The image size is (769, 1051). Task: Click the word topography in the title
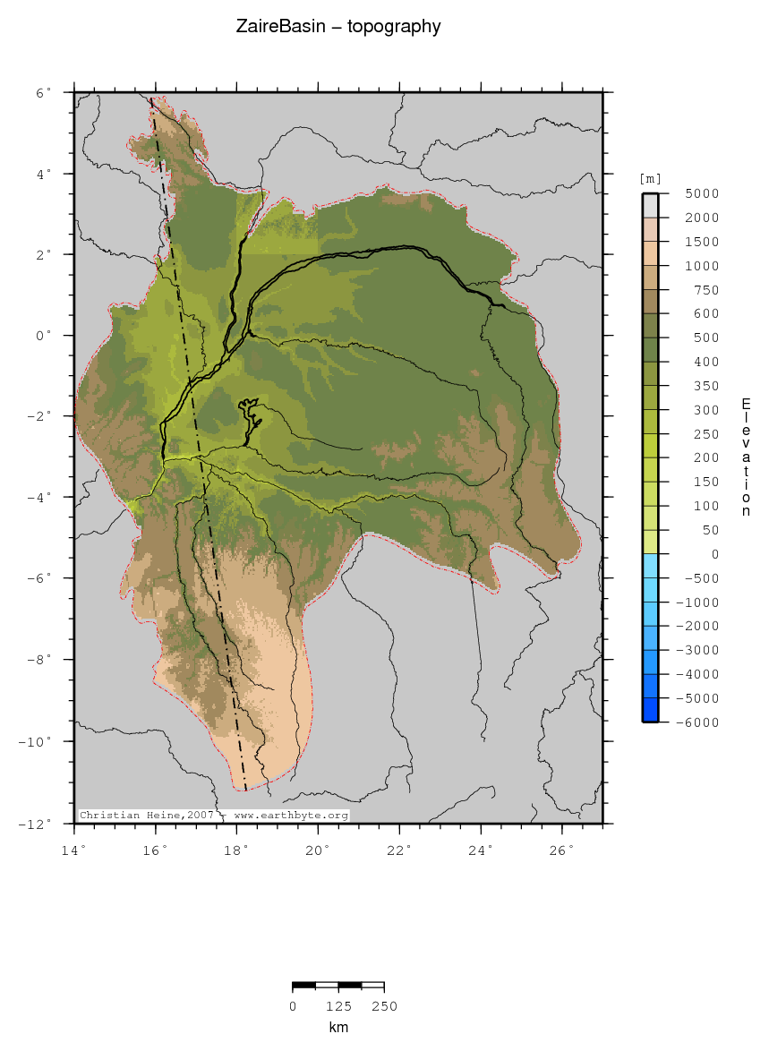(x=398, y=28)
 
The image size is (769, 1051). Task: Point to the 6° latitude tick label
(x=44, y=92)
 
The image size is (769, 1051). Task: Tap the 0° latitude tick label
(x=44, y=336)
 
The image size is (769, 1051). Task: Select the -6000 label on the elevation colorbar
(x=699, y=722)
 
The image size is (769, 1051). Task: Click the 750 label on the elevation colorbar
(x=706, y=290)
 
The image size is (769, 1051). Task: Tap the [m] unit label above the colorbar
(x=649, y=179)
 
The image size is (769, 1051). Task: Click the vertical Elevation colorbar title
(x=746, y=457)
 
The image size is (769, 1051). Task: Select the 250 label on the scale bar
(x=384, y=1006)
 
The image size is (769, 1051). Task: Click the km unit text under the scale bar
(x=338, y=1028)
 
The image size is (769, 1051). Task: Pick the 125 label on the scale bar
(x=338, y=1006)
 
